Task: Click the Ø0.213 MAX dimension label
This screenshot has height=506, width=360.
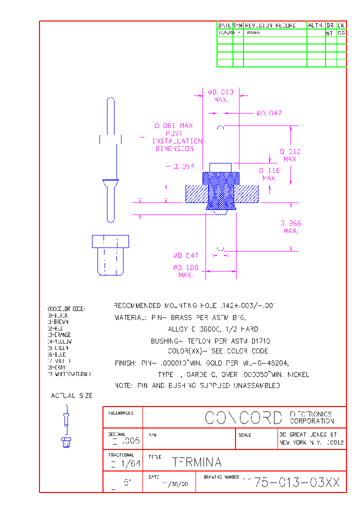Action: [220, 95]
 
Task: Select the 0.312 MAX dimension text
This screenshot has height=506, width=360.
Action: [290, 155]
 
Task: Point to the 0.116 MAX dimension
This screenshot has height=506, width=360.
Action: [269, 174]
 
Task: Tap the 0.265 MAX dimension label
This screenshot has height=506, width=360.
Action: [290, 227]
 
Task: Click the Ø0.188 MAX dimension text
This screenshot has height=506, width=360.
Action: [186, 271]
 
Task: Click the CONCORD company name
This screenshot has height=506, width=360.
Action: [244, 417]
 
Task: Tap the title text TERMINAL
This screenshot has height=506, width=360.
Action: [196, 462]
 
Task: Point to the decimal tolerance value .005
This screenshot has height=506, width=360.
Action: [129, 441]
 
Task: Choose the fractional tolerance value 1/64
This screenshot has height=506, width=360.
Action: [129, 464]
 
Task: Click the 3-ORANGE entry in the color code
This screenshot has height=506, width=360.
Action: [59, 335]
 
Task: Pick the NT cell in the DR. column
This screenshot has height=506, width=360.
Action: [330, 33]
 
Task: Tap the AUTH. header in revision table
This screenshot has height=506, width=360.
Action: [315, 25]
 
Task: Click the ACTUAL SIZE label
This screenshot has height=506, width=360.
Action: [72, 395]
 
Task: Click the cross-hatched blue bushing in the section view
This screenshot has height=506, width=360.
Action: [220, 190]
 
